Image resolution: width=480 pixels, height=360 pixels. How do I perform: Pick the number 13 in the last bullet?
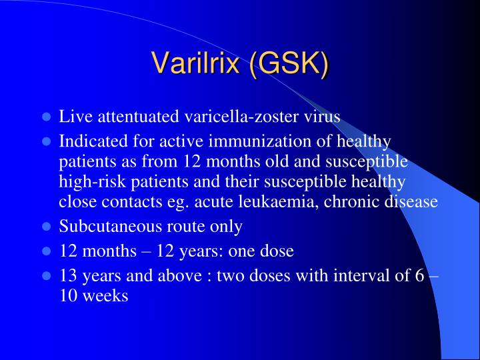tap(67, 276)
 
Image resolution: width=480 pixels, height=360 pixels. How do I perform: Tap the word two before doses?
tap(229, 276)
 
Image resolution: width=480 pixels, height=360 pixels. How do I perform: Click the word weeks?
tap(106, 295)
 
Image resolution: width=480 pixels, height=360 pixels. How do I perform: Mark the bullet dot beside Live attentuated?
tap(47, 117)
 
